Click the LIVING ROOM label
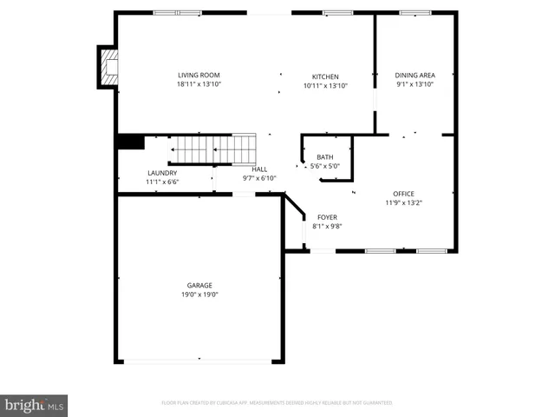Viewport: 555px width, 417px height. click(199, 75)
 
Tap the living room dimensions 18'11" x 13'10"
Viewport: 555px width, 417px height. click(199, 84)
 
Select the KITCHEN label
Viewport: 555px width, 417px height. click(325, 76)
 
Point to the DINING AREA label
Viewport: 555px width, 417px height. click(415, 75)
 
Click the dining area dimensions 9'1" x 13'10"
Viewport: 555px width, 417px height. click(415, 84)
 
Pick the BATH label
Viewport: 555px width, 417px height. click(324, 157)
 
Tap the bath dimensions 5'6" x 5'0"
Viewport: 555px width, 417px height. click(324, 166)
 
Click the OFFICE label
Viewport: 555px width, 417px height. click(403, 193)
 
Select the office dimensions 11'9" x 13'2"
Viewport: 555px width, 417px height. click(403, 202)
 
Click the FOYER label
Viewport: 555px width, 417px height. click(327, 217)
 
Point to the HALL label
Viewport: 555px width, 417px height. click(259, 169)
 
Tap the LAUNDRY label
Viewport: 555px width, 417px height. click(162, 173)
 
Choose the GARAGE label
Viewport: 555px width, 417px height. click(199, 285)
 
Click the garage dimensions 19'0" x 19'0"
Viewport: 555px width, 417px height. click(199, 295)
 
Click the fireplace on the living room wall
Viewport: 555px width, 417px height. click(108, 67)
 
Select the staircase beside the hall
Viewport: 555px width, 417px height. click(212, 149)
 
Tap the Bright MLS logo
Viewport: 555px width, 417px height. click(34, 405)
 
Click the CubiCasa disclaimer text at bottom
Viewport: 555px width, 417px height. click(277, 403)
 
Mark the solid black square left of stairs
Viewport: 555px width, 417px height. click(131, 142)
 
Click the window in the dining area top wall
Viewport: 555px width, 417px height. click(415, 12)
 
